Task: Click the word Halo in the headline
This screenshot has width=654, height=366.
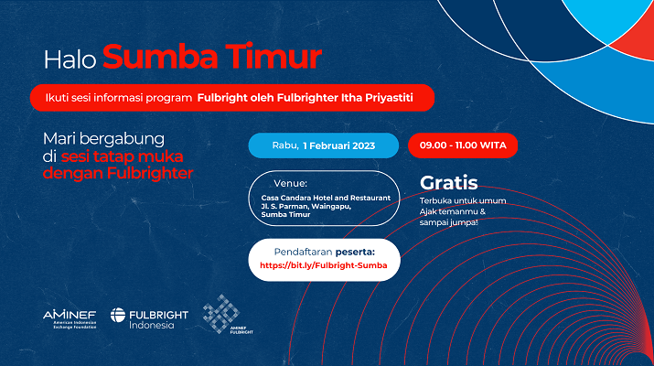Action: (70, 59)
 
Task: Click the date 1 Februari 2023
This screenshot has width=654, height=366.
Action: (338, 145)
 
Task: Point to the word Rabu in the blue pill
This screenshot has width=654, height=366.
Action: (285, 145)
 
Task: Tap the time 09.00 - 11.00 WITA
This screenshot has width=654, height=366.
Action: (463, 145)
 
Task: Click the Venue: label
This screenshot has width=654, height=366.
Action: (290, 183)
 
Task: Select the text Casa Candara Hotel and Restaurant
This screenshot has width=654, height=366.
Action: (326, 198)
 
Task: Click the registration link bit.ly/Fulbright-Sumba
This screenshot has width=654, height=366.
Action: (323, 265)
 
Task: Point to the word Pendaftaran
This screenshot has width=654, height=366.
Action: (304, 252)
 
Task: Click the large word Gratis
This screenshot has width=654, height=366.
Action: (448, 183)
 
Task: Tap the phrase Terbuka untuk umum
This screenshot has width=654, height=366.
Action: (463, 200)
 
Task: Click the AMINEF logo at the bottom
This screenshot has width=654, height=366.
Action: (70, 319)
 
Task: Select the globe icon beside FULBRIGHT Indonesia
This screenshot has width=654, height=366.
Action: (118, 315)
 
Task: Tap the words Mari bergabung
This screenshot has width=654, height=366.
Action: (103, 138)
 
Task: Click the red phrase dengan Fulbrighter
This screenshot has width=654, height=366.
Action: (118, 173)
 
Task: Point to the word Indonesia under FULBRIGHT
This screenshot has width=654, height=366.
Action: (152, 325)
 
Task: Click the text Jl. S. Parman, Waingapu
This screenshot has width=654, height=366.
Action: (306, 206)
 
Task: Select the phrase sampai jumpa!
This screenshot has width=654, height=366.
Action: (448, 222)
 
